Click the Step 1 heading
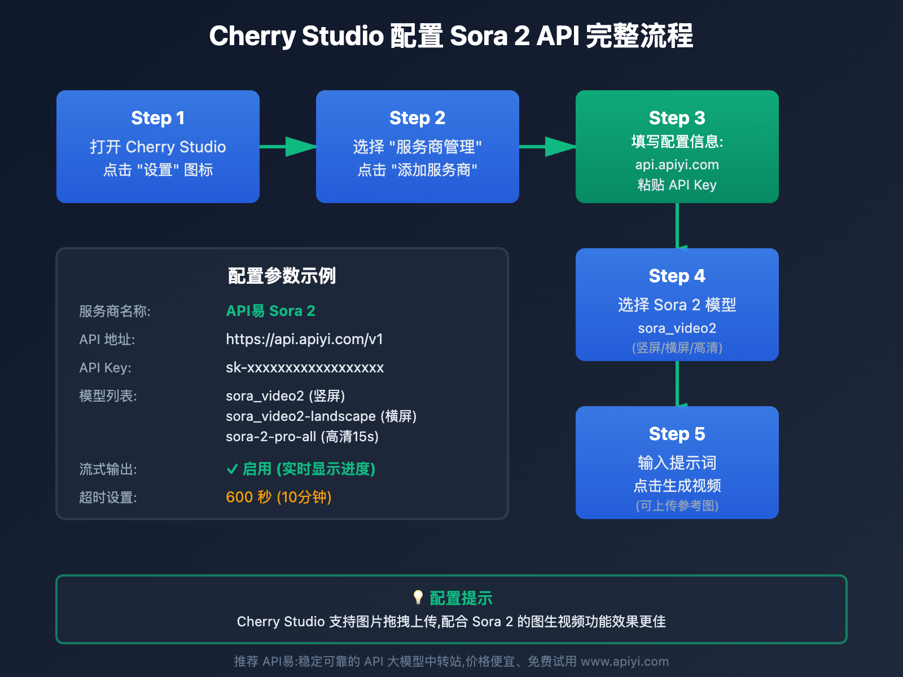pos(158,118)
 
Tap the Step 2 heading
pos(417,118)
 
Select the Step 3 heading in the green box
pos(677,118)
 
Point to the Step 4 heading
pos(677,276)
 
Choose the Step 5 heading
pos(677,434)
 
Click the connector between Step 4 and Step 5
pos(677,384)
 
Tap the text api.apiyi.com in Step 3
pos(677,165)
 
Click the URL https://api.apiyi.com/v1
pos(304,339)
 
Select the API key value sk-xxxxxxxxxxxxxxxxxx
pos(305,368)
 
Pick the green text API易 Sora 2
pos(270,311)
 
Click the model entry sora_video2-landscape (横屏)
pos(321,416)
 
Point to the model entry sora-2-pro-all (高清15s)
pos(302,437)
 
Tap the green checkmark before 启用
pos(232,469)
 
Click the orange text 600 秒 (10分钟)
pos(278,497)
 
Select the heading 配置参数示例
pos(282,276)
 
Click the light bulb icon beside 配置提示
pos(418,597)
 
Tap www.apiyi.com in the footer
pos(625,661)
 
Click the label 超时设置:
pos(108,497)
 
